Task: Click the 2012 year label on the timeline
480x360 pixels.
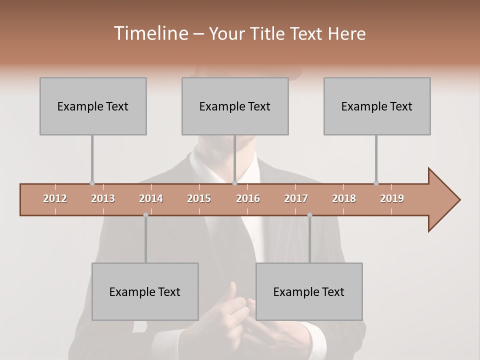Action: [x=55, y=198]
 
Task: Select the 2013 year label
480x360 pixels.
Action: [x=103, y=198]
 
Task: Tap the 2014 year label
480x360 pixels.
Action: [x=151, y=198]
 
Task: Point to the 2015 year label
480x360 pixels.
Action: [x=199, y=198]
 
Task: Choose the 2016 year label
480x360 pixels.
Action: [x=248, y=198]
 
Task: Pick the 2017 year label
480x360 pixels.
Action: [x=296, y=198]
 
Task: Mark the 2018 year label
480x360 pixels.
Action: [x=344, y=198]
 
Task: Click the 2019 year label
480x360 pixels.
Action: [x=392, y=198]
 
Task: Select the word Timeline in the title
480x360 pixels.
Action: [x=150, y=33]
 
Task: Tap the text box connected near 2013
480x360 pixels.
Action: [x=93, y=106]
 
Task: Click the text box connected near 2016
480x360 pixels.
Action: [x=235, y=106]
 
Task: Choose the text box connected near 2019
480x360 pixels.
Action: [x=377, y=106]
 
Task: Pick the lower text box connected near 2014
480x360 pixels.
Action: [x=145, y=291]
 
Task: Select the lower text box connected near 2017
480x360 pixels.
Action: [x=309, y=291]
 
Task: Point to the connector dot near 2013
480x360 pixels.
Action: [x=92, y=183]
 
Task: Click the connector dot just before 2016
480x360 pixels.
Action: [x=234, y=183]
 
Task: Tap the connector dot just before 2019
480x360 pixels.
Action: [x=376, y=183]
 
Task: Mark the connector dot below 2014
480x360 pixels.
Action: [x=145, y=215]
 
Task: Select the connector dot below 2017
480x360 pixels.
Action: [x=309, y=215]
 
